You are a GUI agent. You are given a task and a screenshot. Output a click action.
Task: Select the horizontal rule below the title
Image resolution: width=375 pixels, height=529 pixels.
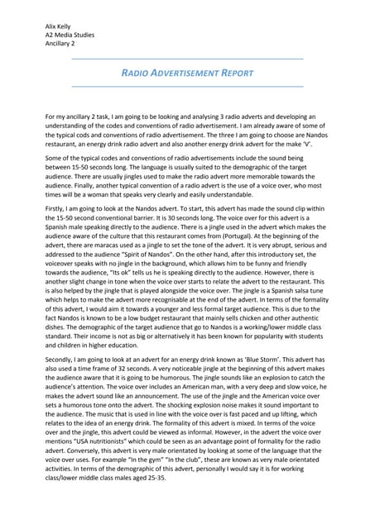point(187,86)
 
